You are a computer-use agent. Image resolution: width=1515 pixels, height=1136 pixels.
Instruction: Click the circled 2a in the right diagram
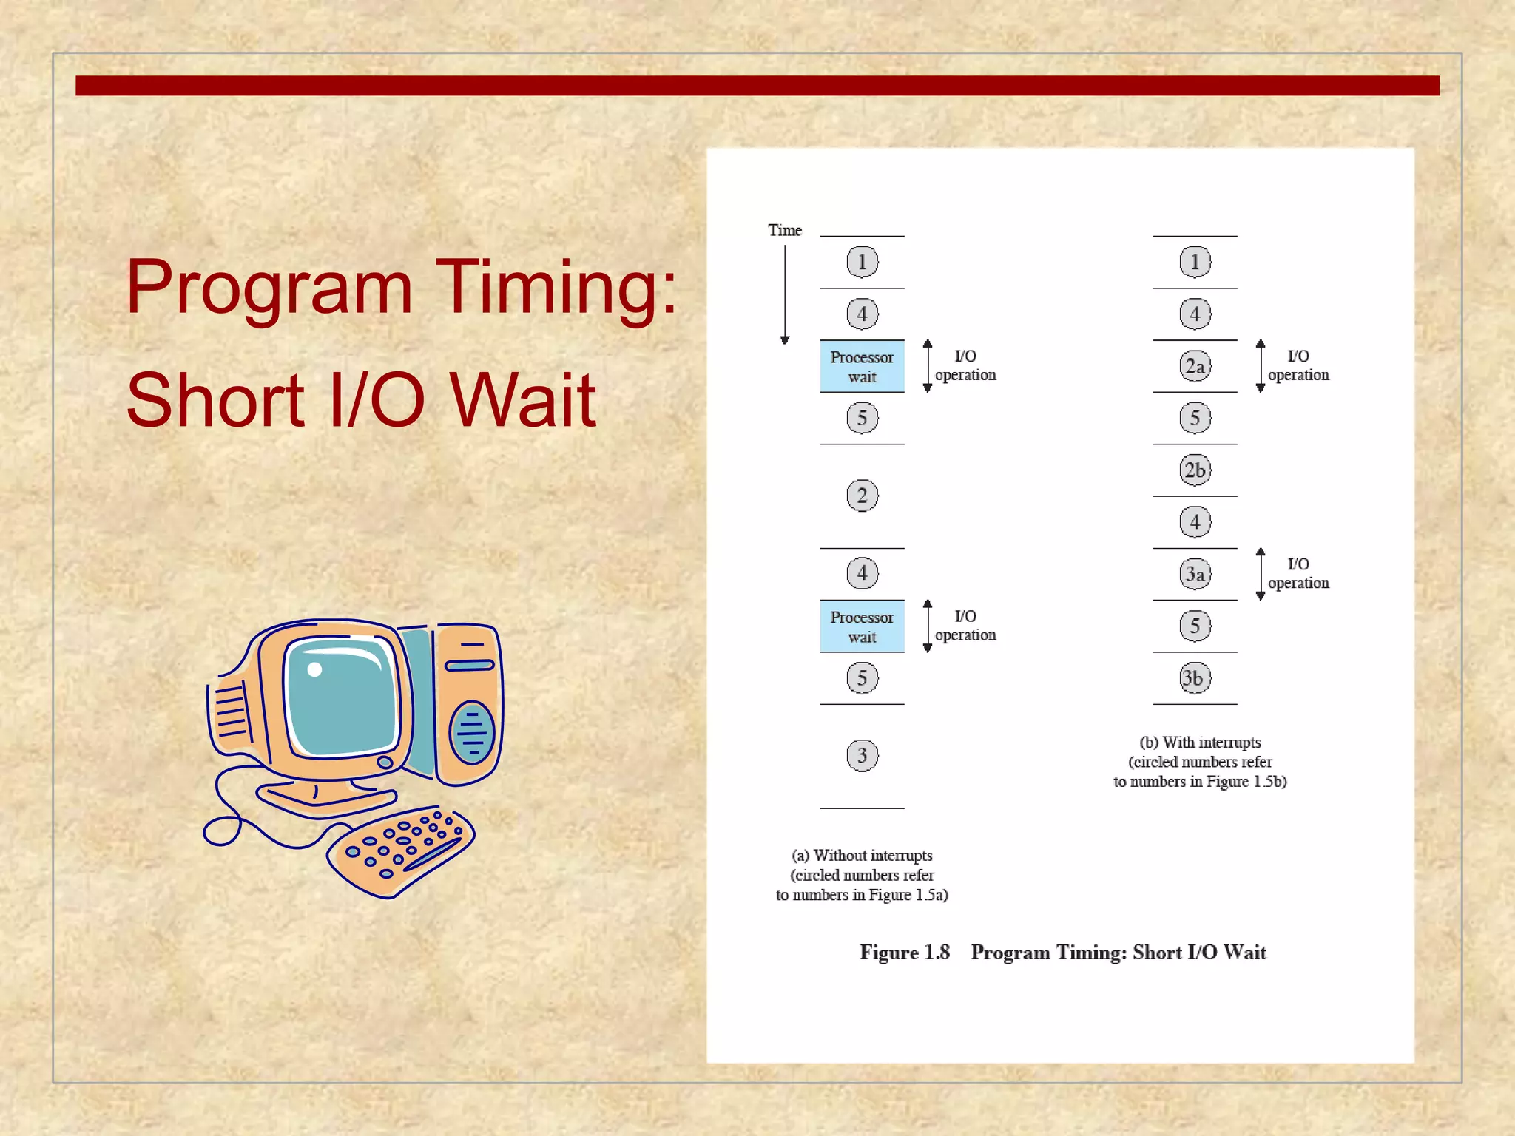(x=1195, y=366)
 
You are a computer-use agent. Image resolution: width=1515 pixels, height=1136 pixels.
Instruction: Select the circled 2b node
(x=1195, y=470)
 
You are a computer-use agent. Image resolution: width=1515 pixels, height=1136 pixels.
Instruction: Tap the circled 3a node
(x=1195, y=574)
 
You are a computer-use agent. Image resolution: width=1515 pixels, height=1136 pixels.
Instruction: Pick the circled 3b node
(x=1195, y=677)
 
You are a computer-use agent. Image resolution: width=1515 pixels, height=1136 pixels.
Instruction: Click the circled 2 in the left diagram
(x=862, y=496)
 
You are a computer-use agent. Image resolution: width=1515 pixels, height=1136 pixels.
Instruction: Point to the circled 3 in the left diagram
(x=862, y=755)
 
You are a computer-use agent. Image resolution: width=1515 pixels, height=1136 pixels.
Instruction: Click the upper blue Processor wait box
(x=862, y=367)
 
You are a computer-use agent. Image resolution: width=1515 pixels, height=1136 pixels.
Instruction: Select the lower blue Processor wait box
(x=862, y=626)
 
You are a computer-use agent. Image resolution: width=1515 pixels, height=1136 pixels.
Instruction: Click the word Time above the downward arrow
(x=784, y=230)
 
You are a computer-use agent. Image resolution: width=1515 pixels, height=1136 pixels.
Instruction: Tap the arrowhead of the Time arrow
(x=785, y=339)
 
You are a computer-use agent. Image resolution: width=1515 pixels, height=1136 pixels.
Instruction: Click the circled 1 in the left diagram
(x=862, y=262)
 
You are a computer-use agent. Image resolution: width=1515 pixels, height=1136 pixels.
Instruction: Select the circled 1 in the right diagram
(x=1195, y=262)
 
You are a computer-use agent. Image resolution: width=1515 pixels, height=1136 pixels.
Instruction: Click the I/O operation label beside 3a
(x=1298, y=573)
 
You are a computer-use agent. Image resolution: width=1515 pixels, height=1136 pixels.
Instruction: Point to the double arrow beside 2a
(x=1260, y=366)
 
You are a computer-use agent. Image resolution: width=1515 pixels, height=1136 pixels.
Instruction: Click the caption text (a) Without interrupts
(x=862, y=856)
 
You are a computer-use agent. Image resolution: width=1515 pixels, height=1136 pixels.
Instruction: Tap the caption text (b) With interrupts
(x=1200, y=743)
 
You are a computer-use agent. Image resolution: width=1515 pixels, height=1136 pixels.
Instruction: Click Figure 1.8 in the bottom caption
(x=904, y=953)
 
